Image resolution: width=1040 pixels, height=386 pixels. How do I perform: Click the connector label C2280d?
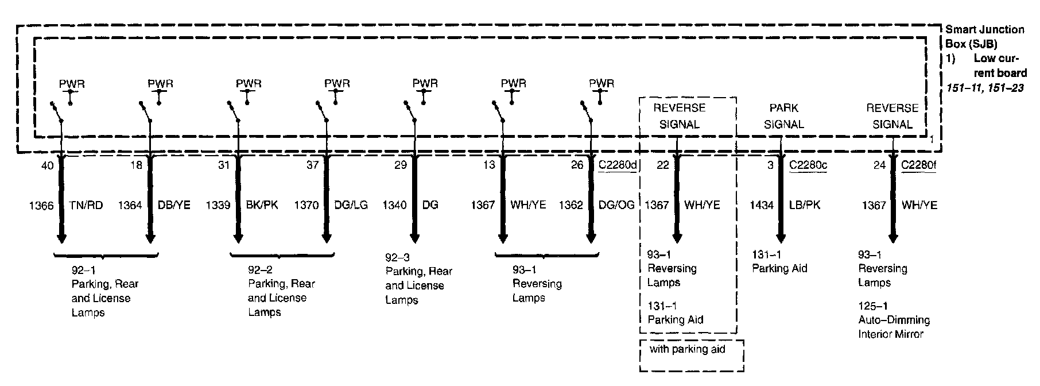pyautogui.click(x=618, y=165)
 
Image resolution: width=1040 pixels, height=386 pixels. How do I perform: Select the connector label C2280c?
pyautogui.click(x=808, y=165)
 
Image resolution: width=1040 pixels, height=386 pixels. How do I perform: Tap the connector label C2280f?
pyautogui.click(x=918, y=165)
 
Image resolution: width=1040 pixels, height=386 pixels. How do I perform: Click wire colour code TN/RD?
pyautogui.click(x=86, y=205)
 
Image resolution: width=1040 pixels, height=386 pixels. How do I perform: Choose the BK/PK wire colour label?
pyautogui.click(x=262, y=205)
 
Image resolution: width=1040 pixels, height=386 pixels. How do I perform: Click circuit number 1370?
pyautogui.click(x=306, y=205)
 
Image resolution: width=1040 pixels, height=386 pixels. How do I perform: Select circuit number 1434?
pyautogui.click(x=762, y=205)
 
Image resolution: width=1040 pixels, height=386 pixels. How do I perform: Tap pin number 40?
pyautogui.click(x=48, y=165)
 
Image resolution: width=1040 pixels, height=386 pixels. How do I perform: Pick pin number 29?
pyautogui.click(x=401, y=165)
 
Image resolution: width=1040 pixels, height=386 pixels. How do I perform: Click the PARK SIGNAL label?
pyautogui.click(x=784, y=116)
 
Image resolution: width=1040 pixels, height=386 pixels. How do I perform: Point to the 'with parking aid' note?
pyautogui.click(x=687, y=349)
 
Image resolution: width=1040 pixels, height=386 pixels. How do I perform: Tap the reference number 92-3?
pyautogui.click(x=397, y=258)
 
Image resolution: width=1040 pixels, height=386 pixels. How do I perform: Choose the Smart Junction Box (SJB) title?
pyautogui.click(x=984, y=36)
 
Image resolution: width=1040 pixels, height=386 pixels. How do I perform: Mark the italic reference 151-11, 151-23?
pyautogui.click(x=984, y=88)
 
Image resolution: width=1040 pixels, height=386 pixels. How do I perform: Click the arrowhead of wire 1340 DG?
pyautogui.click(x=414, y=238)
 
